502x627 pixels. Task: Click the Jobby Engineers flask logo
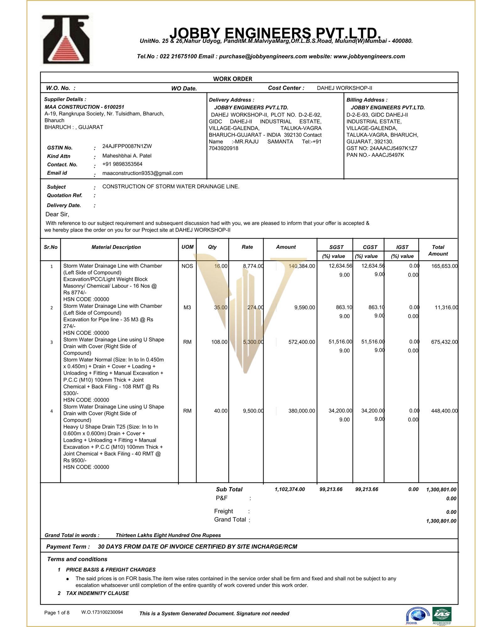point(66,40)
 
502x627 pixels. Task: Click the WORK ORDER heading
point(232,79)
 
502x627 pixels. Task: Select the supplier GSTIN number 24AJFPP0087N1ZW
point(127,146)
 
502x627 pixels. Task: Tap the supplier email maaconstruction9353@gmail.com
point(142,173)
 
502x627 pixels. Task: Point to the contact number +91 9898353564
point(122,164)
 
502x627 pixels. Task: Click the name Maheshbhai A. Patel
point(127,156)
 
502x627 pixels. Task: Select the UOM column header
point(187,247)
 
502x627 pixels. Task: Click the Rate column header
point(247,247)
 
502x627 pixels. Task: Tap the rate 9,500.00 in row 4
point(253,411)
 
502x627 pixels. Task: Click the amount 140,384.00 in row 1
point(302,266)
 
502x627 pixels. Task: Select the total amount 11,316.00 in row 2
point(446,308)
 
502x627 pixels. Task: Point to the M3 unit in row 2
point(187,308)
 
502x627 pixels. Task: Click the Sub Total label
point(229,489)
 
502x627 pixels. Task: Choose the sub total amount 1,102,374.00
point(290,489)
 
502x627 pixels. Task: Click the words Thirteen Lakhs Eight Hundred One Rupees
point(168,535)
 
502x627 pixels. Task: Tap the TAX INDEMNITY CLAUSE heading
point(98,593)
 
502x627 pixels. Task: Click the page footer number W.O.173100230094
point(102,612)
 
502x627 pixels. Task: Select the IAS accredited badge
point(442,615)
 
